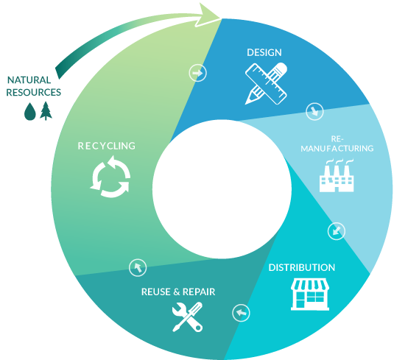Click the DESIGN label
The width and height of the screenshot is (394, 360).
pyautogui.click(x=264, y=52)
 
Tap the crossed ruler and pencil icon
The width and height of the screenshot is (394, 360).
pyautogui.click(x=266, y=84)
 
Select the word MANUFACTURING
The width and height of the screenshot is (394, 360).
pyautogui.click(x=337, y=149)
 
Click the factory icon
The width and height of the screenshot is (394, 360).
pyautogui.click(x=337, y=175)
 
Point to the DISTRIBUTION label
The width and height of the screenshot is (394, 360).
pyautogui.click(x=302, y=267)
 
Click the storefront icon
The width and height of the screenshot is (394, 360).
pyautogui.click(x=310, y=294)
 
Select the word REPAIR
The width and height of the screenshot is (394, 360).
pyautogui.click(x=199, y=292)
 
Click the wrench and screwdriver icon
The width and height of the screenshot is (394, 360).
pyautogui.click(x=188, y=317)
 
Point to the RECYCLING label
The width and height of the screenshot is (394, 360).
pyautogui.click(x=107, y=146)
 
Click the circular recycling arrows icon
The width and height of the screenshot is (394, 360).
pyautogui.click(x=110, y=177)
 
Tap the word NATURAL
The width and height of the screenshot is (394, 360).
pyautogui.click(x=29, y=80)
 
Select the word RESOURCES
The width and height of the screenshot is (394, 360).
pyautogui.click(x=33, y=93)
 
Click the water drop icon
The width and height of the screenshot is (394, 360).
pyautogui.click(x=30, y=111)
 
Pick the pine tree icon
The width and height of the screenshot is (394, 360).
pyautogui.click(x=46, y=110)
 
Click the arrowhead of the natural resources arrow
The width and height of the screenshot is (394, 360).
pyautogui.click(x=209, y=15)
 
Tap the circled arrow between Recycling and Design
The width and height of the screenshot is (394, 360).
pyautogui.click(x=198, y=73)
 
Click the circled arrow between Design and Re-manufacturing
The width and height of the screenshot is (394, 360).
pyautogui.click(x=314, y=112)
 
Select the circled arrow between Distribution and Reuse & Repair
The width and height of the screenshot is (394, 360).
pyautogui.click(x=241, y=313)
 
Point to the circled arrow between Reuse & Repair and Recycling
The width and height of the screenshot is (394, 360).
pyautogui.click(x=138, y=268)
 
